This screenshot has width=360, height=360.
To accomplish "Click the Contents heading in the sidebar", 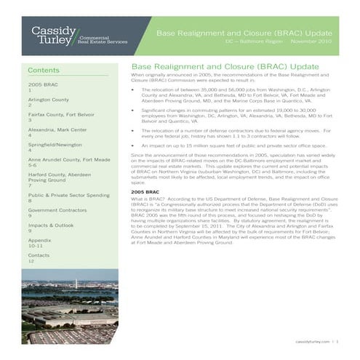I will pos(43,70).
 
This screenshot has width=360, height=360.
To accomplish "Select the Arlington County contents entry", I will pos(48,98).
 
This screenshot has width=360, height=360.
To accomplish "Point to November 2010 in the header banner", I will pos(311,42).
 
